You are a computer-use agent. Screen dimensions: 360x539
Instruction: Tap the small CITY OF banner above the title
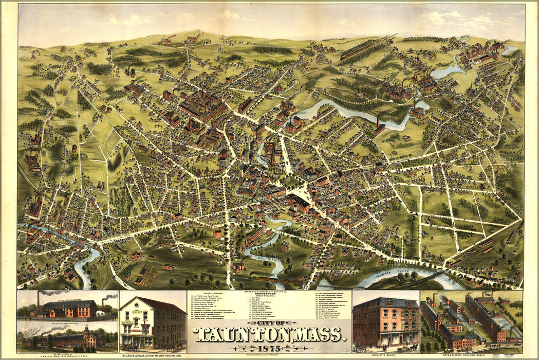(270, 323)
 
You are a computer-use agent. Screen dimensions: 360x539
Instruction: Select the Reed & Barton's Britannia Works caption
(471, 355)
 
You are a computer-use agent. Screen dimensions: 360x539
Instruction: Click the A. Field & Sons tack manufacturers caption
(67, 355)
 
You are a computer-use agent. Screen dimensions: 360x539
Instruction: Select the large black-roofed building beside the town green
(298, 203)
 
